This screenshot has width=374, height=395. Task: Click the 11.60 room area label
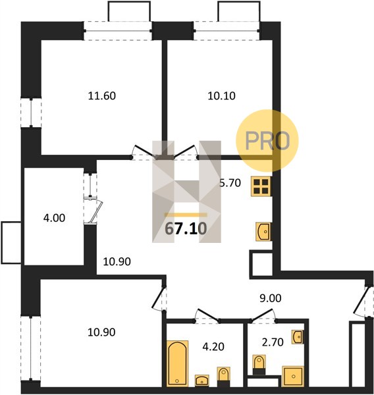pyautogui.click(x=102, y=96)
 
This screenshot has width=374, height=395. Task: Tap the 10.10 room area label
pyautogui.click(x=221, y=96)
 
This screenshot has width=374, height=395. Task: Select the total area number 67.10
pyautogui.click(x=186, y=228)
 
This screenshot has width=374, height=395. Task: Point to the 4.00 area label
pyautogui.click(x=54, y=218)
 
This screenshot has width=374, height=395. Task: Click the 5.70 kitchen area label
pyautogui.click(x=230, y=183)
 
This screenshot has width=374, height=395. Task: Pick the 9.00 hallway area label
pyautogui.click(x=271, y=298)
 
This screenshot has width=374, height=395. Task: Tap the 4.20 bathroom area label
pyautogui.click(x=213, y=347)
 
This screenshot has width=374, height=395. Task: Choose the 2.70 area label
pyautogui.click(x=273, y=342)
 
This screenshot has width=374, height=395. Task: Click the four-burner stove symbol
pyautogui.click(x=261, y=186)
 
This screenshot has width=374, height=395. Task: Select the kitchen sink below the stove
pyautogui.click(x=263, y=232)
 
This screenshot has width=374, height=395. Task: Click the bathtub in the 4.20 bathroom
pyautogui.click(x=178, y=363)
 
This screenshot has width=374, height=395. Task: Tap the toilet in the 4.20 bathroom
pyautogui.click(x=223, y=377)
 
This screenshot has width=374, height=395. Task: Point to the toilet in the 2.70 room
pyautogui.click(x=259, y=365)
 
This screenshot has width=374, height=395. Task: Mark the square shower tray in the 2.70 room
pyautogui.click(x=293, y=377)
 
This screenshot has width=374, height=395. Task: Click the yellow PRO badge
pyautogui.click(x=267, y=141)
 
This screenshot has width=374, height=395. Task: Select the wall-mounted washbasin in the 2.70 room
pyautogui.click(x=298, y=336)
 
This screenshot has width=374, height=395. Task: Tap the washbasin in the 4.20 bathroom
pyautogui.click(x=202, y=381)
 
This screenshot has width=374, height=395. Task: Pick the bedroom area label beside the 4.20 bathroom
pyautogui.click(x=101, y=332)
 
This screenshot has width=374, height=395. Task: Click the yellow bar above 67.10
pyautogui.click(x=186, y=215)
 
